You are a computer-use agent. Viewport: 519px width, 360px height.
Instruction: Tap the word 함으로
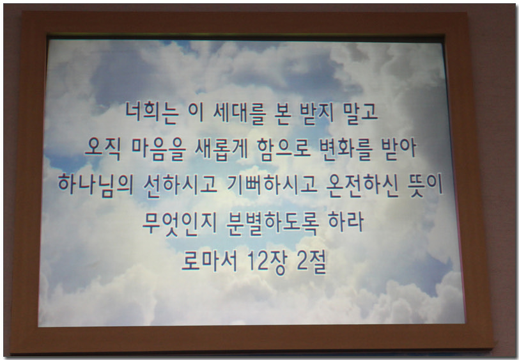click(x=284, y=149)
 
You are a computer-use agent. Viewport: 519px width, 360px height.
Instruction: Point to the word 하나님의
click(x=96, y=184)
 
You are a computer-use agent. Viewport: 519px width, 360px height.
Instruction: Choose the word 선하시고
click(x=180, y=185)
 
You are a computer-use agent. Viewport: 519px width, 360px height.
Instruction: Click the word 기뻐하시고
click(x=272, y=185)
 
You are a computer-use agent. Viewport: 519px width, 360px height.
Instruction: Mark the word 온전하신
click(x=362, y=185)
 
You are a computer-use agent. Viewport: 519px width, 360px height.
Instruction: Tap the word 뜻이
click(x=425, y=185)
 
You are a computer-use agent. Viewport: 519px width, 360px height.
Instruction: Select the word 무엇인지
click(x=180, y=223)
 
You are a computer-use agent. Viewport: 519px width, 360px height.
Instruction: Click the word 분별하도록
click(x=272, y=223)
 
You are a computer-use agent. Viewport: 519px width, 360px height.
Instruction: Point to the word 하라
click(x=346, y=223)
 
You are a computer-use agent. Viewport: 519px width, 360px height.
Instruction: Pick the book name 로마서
click(x=210, y=260)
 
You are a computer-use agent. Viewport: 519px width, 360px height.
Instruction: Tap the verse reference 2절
click(x=312, y=262)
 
